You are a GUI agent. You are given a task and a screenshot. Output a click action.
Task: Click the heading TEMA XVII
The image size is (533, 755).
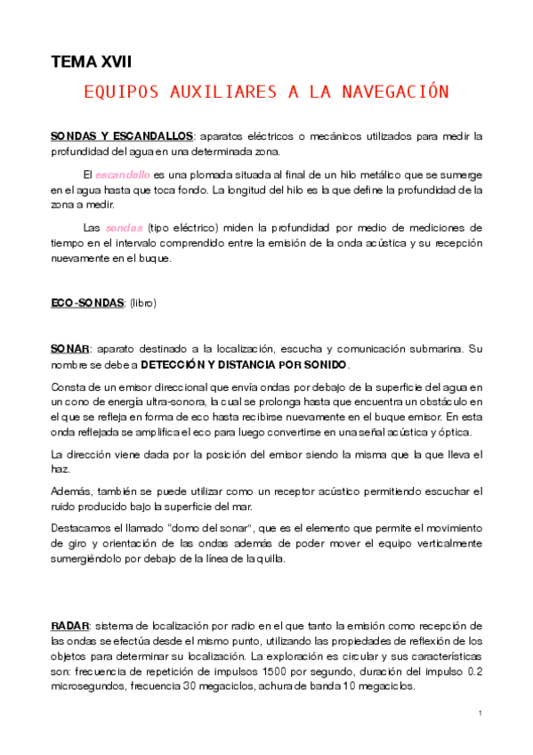coord(91,61)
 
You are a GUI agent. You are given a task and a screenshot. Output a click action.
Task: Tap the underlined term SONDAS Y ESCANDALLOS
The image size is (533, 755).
coord(122,135)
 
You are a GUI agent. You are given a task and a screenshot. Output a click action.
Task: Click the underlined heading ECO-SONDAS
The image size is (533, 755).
coord(87,303)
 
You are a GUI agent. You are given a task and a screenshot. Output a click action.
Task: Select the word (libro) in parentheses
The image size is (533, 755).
coord(142,303)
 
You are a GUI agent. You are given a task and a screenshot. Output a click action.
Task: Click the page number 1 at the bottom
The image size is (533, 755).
coord(480,713)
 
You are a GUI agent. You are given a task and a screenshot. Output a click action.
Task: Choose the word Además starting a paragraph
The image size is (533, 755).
coord(69,491)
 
